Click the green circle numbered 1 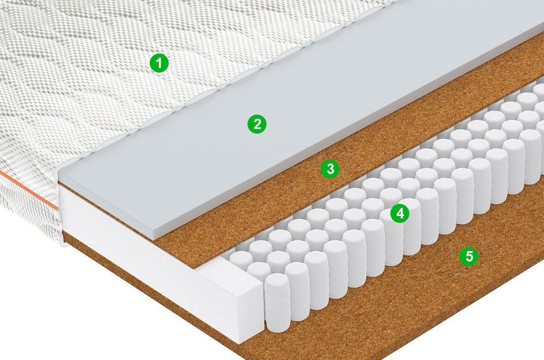[x=159, y=63]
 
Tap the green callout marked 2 [x=257, y=124]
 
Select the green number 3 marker [x=330, y=169]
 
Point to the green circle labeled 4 [x=400, y=213]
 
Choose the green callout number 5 [x=469, y=256]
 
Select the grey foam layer [x=298, y=115]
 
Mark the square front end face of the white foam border [x=250, y=312]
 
